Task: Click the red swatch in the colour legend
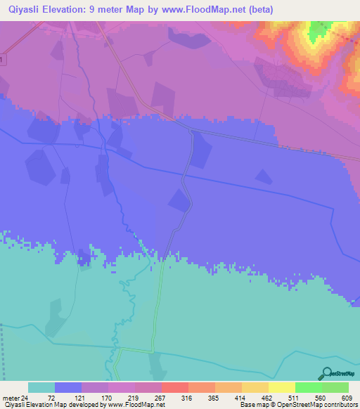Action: [x=174, y=387]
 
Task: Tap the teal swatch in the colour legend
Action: [x=41, y=387]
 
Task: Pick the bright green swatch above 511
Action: [x=308, y=387]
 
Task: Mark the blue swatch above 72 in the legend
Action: [x=68, y=387]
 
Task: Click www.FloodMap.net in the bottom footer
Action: [x=138, y=405]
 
